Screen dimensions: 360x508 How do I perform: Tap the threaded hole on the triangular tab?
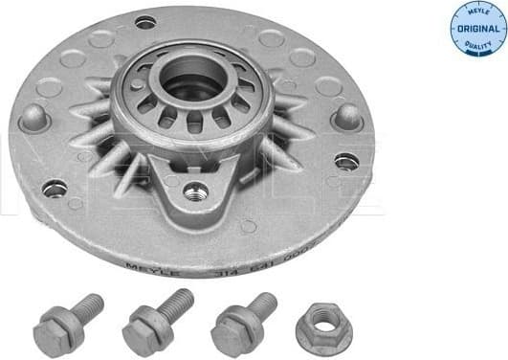pos(196,190)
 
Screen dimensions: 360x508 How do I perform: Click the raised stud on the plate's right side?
pos(346,117)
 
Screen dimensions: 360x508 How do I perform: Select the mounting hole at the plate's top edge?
pos(145,22)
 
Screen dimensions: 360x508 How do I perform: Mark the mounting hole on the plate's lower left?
pos(55,188)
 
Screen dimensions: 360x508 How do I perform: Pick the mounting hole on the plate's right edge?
pos(345,161)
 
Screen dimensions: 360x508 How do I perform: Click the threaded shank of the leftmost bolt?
pos(88,306)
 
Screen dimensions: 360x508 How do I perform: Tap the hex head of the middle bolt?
pos(144,332)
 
